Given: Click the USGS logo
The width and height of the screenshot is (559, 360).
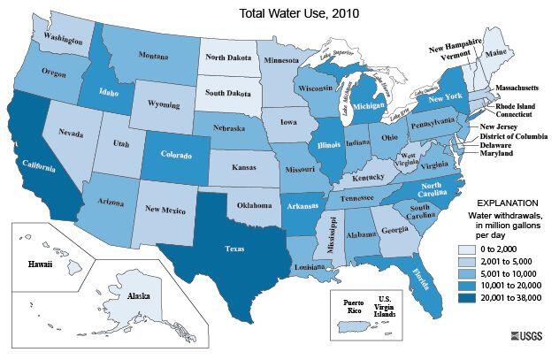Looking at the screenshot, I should (530, 336).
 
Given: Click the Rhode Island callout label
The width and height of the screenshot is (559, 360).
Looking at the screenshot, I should (521, 106).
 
